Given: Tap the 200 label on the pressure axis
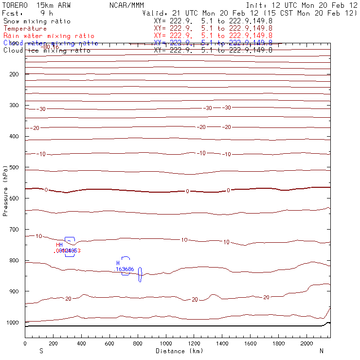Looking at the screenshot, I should pyautogui.click(x=13, y=74).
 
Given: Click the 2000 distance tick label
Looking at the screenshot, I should pyautogui.click(x=307, y=344).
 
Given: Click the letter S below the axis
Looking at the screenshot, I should pyautogui.click(x=41, y=351).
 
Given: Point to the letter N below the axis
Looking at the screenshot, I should pyautogui.click(x=321, y=351).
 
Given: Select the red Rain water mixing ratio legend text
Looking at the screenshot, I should pyautogui.click(x=49, y=36).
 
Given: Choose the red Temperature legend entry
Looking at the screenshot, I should pyautogui.click(x=25, y=29).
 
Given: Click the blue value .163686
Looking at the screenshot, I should pyautogui.click(x=125, y=269).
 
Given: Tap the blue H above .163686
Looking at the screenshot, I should pyautogui.click(x=118, y=263).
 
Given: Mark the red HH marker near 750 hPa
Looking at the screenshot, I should pyautogui.click(x=59, y=245).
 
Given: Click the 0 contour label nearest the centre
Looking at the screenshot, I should pyautogui.click(x=187, y=191).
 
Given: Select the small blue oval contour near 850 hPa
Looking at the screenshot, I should pyautogui.click(x=140, y=274).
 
